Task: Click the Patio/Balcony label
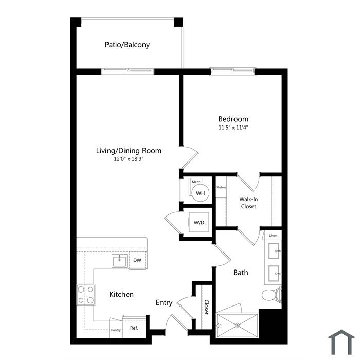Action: (x=127, y=45)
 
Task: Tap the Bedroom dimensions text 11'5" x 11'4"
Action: (x=233, y=127)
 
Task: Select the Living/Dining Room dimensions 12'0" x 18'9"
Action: (x=129, y=159)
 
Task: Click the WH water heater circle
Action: (x=200, y=193)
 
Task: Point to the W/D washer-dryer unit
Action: (x=199, y=222)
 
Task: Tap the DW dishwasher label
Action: (x=137, y=260)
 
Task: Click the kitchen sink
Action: (x=119, y=261)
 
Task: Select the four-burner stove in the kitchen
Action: (x=86, y=295)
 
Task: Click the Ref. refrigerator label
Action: (x=134, y=328)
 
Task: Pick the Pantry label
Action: (x=116, y=330)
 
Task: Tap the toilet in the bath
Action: (x=272, y=295)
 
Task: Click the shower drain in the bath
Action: (x=238, y=326)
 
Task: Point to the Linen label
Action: (x=273, y=236)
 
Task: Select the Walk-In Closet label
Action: (x=248, y=203)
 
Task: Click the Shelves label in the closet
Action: (x=221, y=187)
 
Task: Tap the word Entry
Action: (x=164, y=302)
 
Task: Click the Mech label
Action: (x=196, y=182)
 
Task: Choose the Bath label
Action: (x=241, y=273)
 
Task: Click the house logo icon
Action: (x=341, y=342)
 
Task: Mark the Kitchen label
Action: (x=121, y=294)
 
